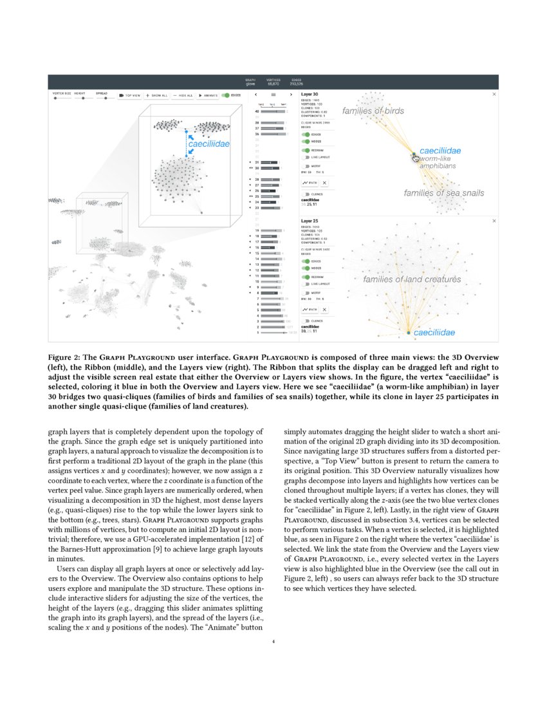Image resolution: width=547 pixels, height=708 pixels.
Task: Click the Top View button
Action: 130,95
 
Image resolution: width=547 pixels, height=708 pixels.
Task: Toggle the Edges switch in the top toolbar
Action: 227,95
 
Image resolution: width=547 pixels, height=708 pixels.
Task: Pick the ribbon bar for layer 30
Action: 270,167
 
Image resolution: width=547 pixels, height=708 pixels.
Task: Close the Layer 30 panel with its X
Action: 494,95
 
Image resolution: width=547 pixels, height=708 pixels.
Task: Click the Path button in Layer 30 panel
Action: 310,183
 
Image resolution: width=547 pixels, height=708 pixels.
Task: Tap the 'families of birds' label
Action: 373,111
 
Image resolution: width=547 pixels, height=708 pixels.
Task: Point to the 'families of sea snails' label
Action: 444,193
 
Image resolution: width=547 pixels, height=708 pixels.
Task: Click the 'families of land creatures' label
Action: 412,279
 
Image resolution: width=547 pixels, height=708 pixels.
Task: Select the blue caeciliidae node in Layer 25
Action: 408,332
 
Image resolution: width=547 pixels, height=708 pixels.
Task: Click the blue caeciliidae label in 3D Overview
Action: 209,144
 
